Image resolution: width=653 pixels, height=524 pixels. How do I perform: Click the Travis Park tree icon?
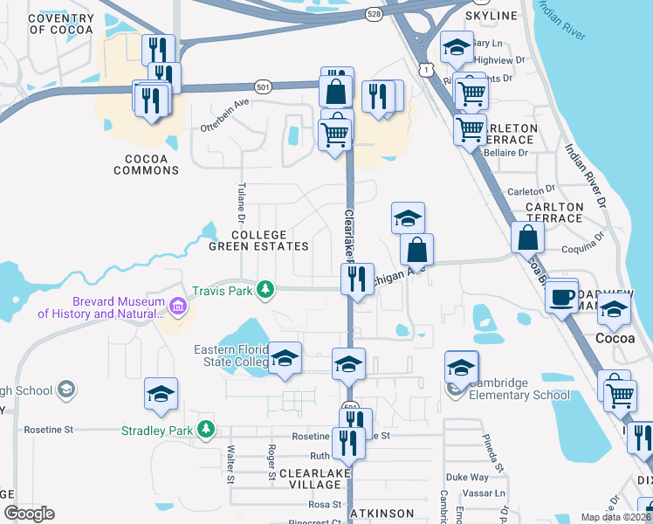(x=263, y=290)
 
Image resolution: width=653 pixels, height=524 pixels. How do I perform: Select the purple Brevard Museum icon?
(x=178, y=306)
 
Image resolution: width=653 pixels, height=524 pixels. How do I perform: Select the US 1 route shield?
(x=423, y=67)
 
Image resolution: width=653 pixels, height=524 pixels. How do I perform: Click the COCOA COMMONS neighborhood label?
(x=146, y=164)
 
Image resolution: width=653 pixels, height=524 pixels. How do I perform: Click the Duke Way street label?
(x=468, y=478)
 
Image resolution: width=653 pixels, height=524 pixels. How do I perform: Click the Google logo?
(x=29, y=514)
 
